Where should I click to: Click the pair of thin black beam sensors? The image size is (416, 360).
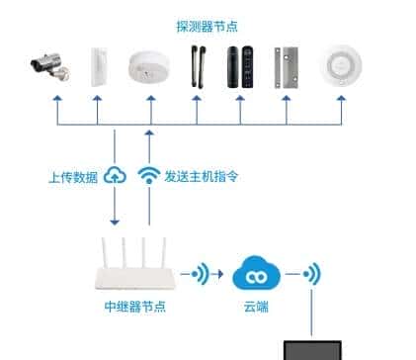click(x=194, y=66)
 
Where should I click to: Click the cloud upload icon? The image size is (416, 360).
click(x=117, y=176)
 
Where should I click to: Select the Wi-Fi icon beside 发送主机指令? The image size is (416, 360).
click(x=148, y=176)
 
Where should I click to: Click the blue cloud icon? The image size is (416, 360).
click(x=256, y=272)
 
